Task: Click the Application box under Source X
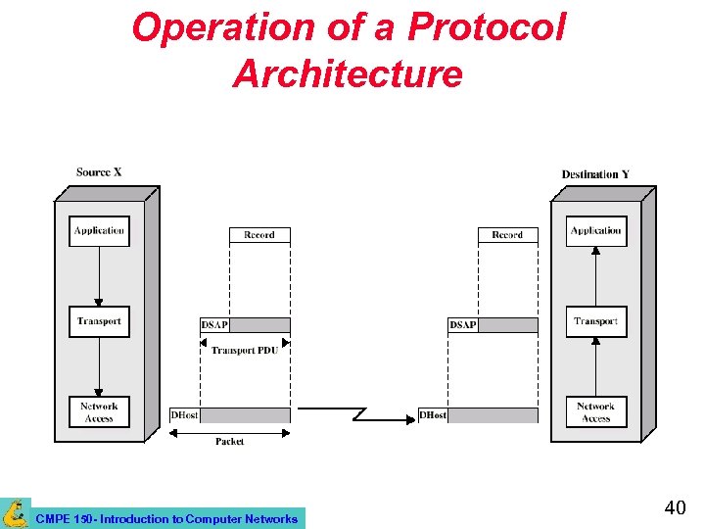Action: [x=100, y=231]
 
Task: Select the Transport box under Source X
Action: [x=100, y=321]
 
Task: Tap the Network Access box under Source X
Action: [x=100, y=412]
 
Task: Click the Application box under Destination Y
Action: [x=596, y=231]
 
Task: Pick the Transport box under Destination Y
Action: [x=596, y=321]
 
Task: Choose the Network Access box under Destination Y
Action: [x=596, y=412]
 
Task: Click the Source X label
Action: [x=99, y=172]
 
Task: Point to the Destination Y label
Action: [x=595, y=174]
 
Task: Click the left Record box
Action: [x=259, y=235]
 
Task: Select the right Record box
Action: [x=508, y=235]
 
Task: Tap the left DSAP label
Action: [x=214, y=325]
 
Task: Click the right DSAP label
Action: [x=463, y=325]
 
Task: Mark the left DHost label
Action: [x=184, y=415]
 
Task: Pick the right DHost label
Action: [x=433, y=415]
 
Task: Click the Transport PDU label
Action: [x=245, y=350]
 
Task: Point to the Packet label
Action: [x=230, y=442]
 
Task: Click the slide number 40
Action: [x=675, y=507]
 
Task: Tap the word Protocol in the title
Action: [x=487, y=28]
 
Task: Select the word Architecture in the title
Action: [x=348, y=74]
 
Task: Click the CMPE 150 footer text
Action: [x=165, y=518]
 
